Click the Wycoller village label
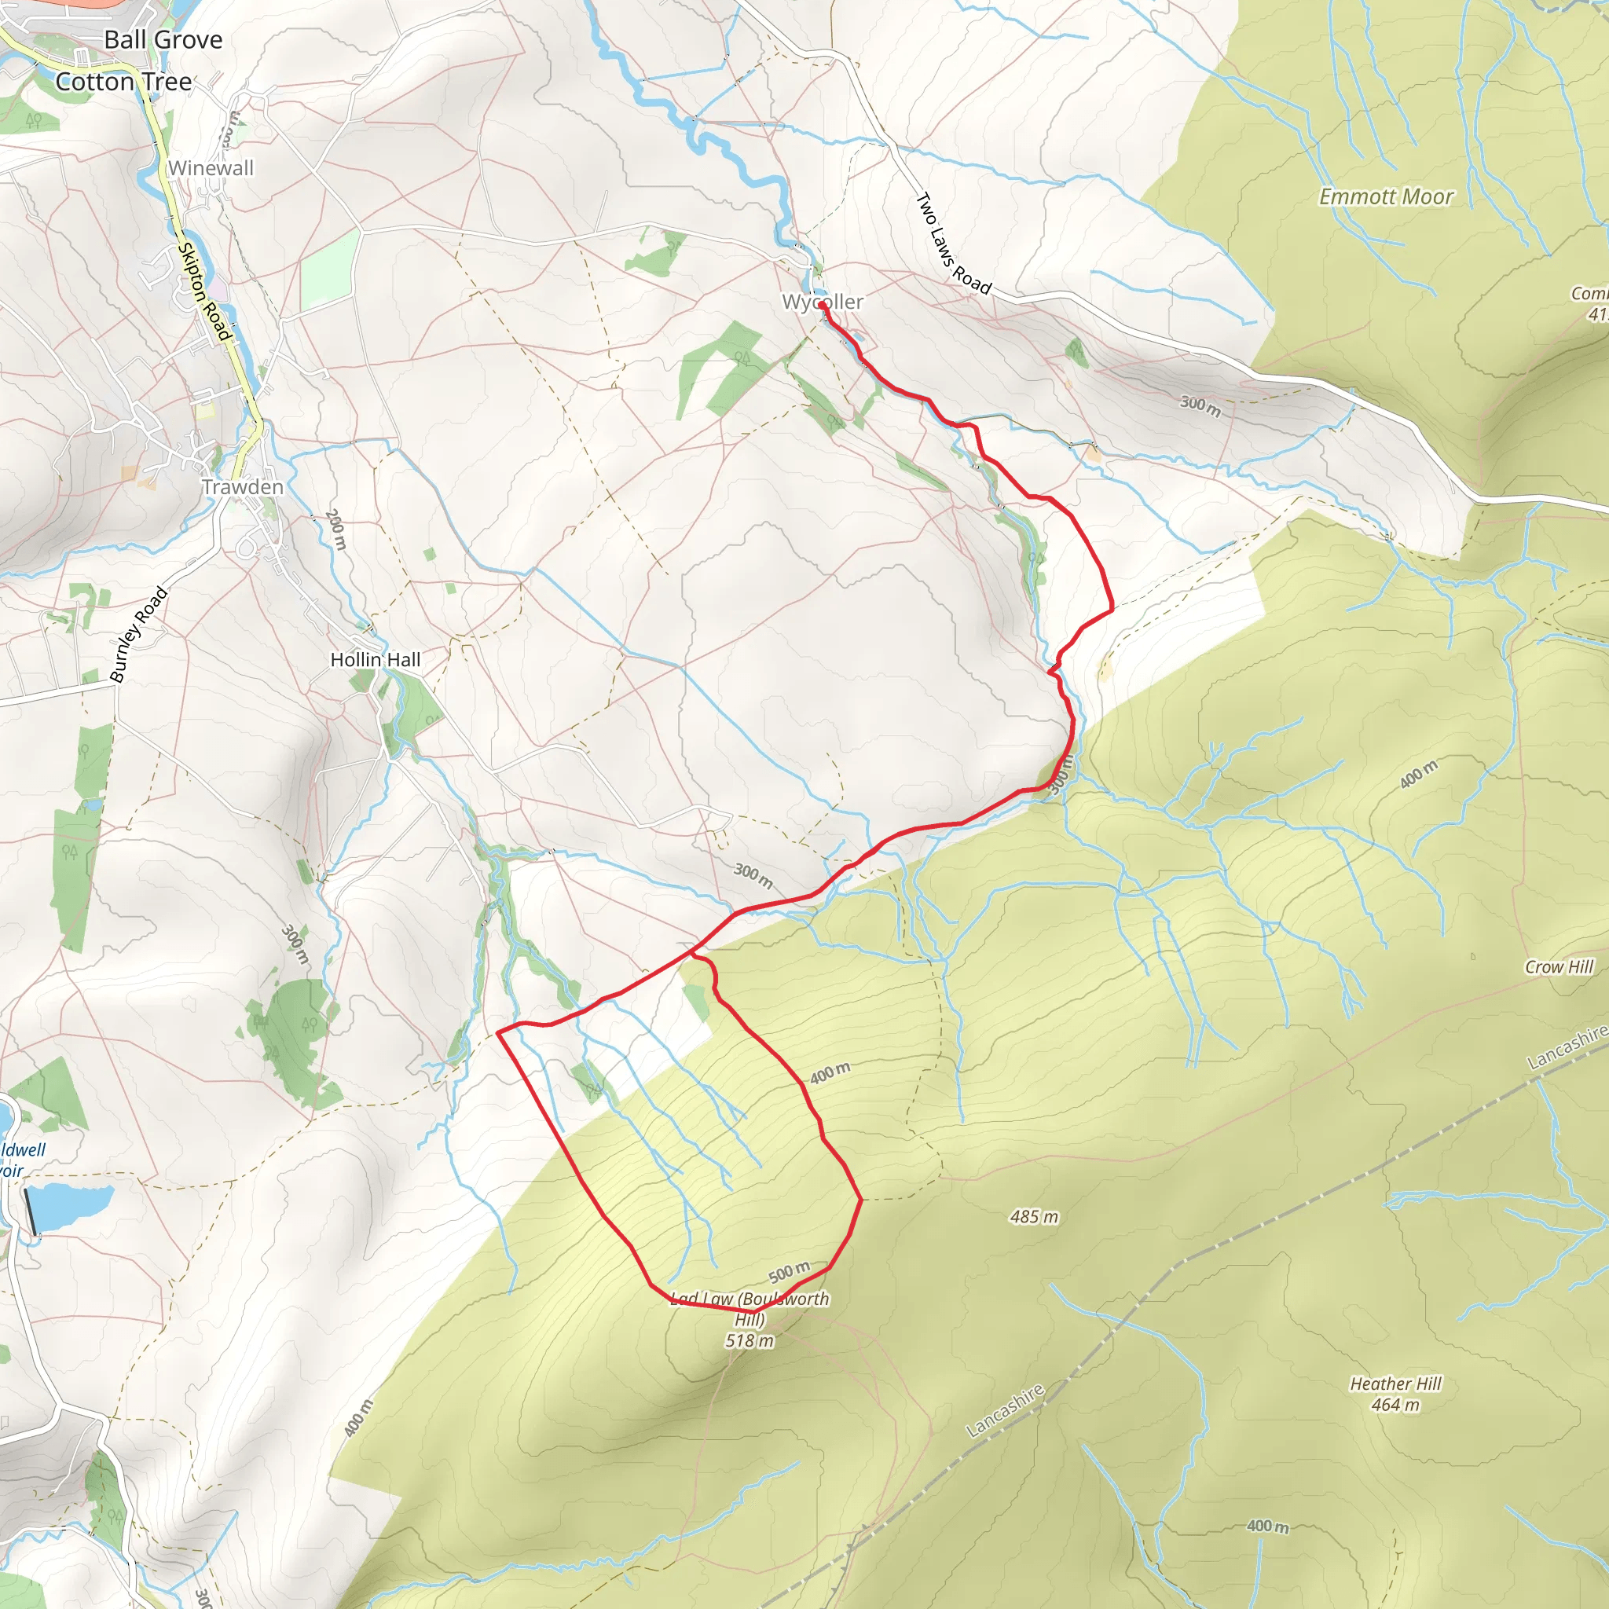822,302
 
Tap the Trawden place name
242,487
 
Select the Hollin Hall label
375,660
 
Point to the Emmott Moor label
1386,196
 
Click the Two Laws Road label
953,244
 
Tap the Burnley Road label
138,635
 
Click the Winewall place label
211,168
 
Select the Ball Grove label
163,39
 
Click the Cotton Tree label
123,82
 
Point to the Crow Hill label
1559,967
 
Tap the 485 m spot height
1034,1217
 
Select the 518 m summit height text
749,1341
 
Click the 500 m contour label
788,1273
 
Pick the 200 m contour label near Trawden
335,530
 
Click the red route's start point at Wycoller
822,306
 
